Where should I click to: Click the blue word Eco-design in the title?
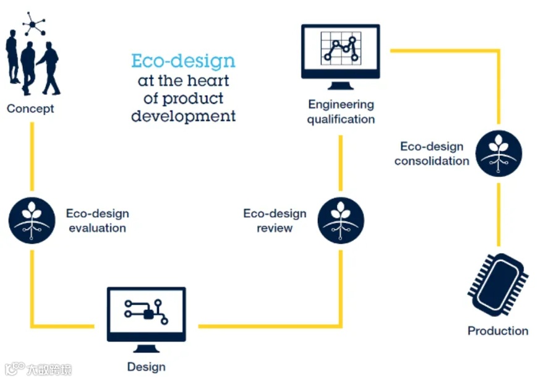pyautogui.click(x=183, y=61)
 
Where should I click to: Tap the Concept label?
pyautogui.click(x=30, y=109)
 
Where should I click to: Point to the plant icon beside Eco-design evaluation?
pyautogui.click(x=32, y=220)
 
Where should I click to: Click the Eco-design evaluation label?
pyautogui.click(x=97, y=220)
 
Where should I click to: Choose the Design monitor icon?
pyautogui.click(x=146, y=315)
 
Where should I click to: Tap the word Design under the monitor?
pyautogui.click(x=146, y=367)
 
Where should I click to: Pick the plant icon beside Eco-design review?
pyautogui.click(x=340, y=220)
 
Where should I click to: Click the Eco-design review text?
pyautogui.click(x=275, y=220)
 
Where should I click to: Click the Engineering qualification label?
pyautogui.click(x=341, y=111)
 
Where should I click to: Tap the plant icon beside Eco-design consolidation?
pyautogui.click(x=499, y=153)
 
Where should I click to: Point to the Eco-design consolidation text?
pyautogui.click(x=432, y=153)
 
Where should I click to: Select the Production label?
pyautogui.click(x=498, y=331)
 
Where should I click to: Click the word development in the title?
pyautogui.click(x=183, y=116)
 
